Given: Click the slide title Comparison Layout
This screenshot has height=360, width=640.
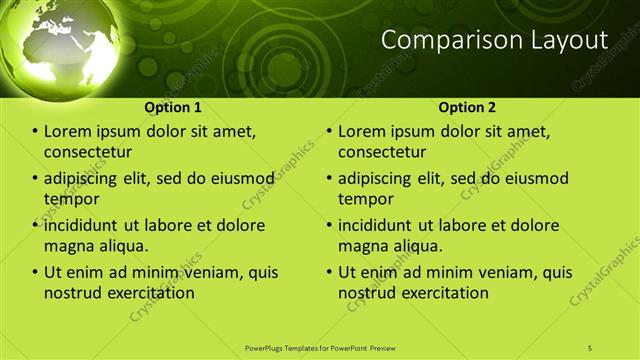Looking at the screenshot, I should pyautogui.click(x=494, y=41).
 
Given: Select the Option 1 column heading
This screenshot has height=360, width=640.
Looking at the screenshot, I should pyautogui.click(x=173, y=107).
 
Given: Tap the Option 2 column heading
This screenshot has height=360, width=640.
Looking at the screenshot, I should pyautogui.click(x=467, y=107).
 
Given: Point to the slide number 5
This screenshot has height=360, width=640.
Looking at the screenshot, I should pyautogui.click(x=590, y=348).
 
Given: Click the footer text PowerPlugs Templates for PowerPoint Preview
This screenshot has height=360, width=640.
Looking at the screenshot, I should pyautogui.click(x=320, y=348).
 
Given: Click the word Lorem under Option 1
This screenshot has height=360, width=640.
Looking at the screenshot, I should pyautogui.click(x=68, y=131).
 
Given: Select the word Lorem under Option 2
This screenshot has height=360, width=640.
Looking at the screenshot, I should pyautogui.click(x=362, y=131).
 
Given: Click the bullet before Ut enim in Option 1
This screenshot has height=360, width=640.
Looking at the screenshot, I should pyautogui.click(x=36, y=272).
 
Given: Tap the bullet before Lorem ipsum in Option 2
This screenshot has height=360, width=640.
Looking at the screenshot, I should pyautogui.click(x=330, y=131).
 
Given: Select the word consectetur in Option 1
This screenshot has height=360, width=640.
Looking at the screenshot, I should pyautogui.click(x=88, y=152).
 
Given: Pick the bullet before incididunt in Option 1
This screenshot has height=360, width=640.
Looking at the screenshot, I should pyautogui.click(x=36, y=225).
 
